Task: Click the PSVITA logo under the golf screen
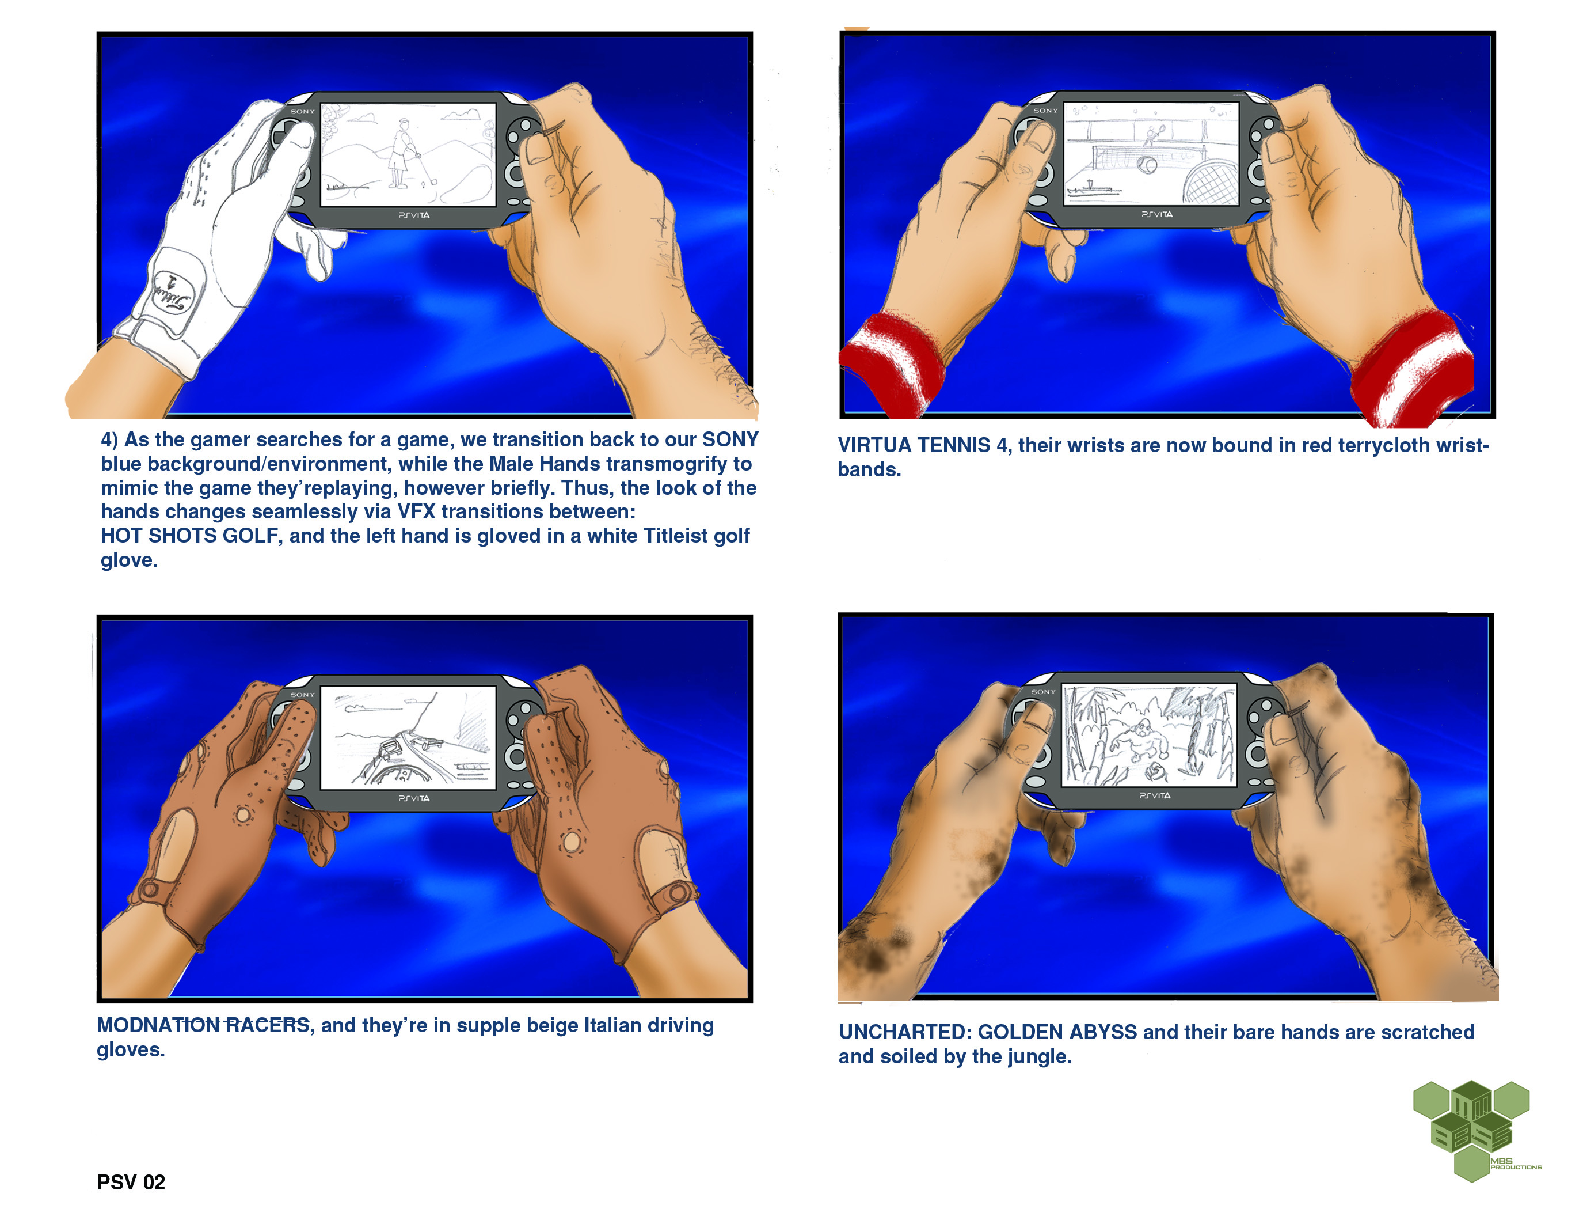click(414, 215)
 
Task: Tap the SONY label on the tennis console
click(1045, 111)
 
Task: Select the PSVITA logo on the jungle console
click(1155, 795)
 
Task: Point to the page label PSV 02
click(131, 1183)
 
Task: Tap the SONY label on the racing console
click(303, 695)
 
